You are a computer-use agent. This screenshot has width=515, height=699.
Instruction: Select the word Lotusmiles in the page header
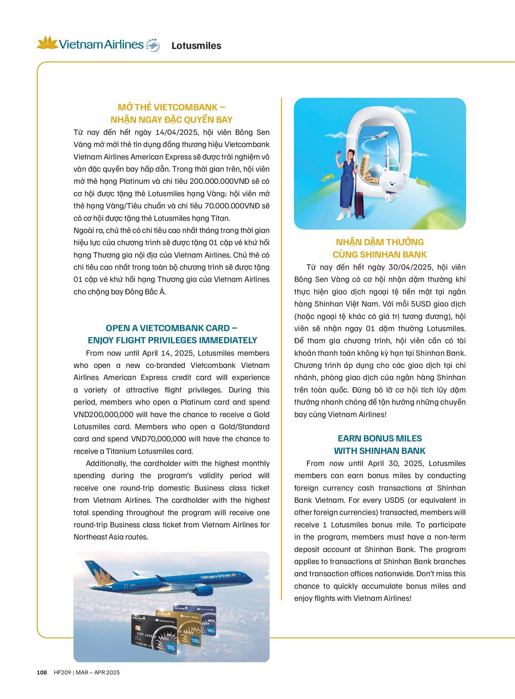tap(196, 46)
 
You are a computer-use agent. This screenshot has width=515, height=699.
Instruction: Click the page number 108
tap(42, 672)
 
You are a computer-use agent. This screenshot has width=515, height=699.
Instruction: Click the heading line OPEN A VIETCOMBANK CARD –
tap(171, 328)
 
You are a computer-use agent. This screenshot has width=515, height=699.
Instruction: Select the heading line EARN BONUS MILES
tap(379, 438)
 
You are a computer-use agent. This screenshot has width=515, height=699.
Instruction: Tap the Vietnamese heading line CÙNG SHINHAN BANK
tap(379, 254)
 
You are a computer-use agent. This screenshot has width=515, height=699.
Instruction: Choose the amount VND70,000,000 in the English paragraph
tap(158, 439)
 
